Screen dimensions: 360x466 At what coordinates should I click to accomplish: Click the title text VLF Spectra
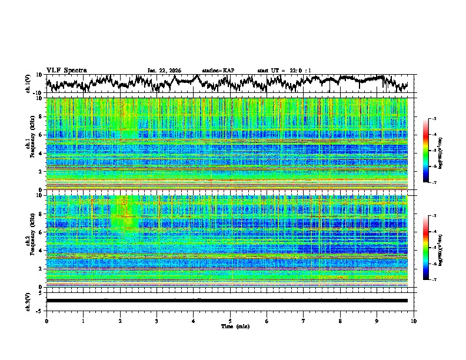[x=66, y=70]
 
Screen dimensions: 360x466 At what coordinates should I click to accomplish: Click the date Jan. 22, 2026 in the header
[x=164, y=71]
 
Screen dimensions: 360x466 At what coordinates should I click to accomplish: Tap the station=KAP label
[x=218, y=71]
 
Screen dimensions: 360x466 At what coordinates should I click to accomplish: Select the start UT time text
[x=284, y=71]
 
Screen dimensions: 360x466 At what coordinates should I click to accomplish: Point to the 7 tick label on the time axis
[x=304, y=321]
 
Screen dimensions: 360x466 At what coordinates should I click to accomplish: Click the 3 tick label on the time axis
[x=157, y=321]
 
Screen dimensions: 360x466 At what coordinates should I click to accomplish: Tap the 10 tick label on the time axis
[x=414, y=321]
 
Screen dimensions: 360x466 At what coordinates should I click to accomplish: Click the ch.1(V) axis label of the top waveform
[x=28, y=84]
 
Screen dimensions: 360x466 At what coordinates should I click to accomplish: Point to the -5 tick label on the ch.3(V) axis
[x=39, y=310]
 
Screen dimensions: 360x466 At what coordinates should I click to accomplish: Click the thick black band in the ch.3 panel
[x=227, y=301]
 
